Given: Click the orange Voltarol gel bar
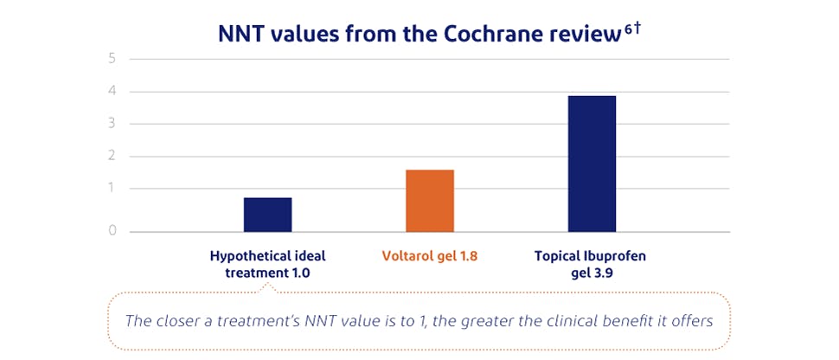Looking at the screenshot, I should [430, 201].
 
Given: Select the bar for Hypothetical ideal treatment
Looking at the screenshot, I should [267, 215].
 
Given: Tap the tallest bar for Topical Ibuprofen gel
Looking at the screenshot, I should [592, 164].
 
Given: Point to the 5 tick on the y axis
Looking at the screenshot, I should [112, 59].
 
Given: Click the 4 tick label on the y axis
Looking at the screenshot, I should [112, 92].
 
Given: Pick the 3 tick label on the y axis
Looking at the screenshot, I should [112, 124].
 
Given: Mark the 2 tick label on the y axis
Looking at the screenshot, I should [112, 157].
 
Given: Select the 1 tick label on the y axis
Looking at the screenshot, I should [112, 189].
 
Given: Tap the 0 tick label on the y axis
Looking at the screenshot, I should [112, 231].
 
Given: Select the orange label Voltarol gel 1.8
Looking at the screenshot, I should [430, 256].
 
